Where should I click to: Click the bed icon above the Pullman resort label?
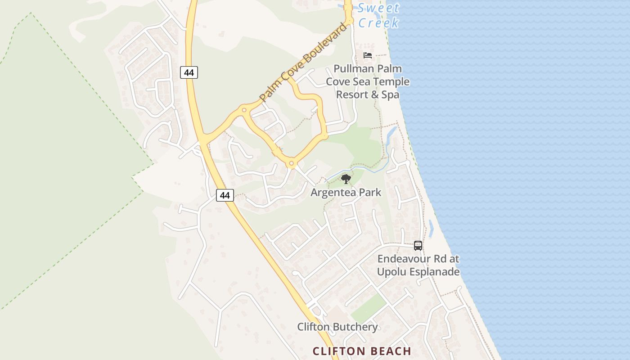pyautogui.click(x=368, y=55)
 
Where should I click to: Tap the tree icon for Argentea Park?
pyautogui.click(x=346, y=180)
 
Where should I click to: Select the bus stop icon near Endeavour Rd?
pyautogui.click(x=418, y=246)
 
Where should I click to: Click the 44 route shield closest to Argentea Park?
pyautogui.click(x=225, y=195)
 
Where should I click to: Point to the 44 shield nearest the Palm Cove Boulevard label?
pyautogui.click(x=189, y=72)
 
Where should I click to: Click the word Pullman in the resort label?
pyautogui.click(x=354, y=69)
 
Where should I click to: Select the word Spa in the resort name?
pyautogui.click(x=391, y=95)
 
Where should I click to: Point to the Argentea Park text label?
pyautogui.click(x=346, y=193)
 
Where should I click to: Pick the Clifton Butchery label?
pyautogui.click(x=337, y=327)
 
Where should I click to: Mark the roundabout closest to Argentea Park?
pyautogui.click(x=292, y=163)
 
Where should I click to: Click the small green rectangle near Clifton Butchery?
pyautogui.click(x=368, y=309)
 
